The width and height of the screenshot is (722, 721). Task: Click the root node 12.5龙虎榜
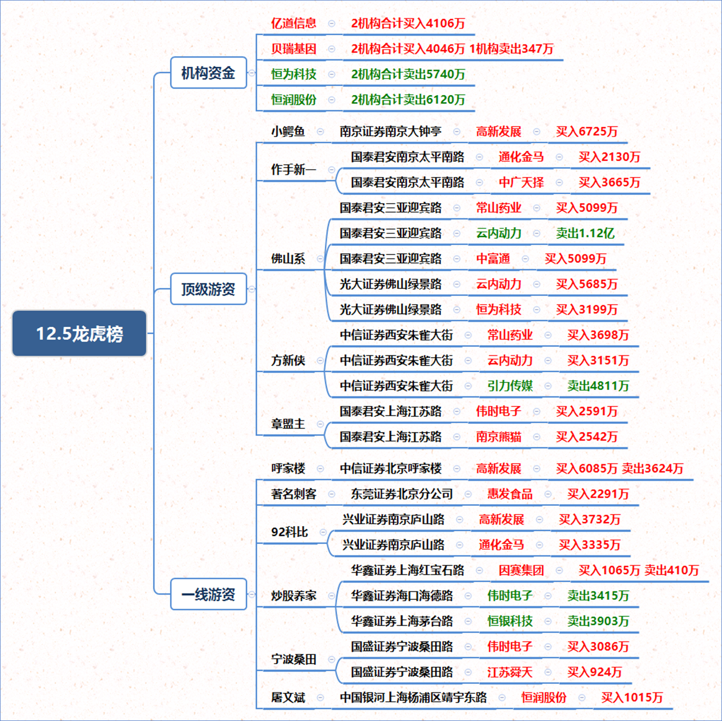click(x=79, y=333)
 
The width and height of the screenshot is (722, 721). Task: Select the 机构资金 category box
click(x=208, y=72)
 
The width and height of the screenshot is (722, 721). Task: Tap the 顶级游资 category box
click(x=208, y=289)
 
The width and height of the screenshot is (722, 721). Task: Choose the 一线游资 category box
click(x=208, y=594)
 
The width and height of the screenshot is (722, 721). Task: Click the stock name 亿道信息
click(x=294, y=23)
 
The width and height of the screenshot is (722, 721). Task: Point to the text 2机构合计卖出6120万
click(x=408, y=100)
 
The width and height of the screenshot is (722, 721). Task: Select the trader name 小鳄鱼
click(x=288, y=132)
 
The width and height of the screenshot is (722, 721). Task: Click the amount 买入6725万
click(x=587, y=132)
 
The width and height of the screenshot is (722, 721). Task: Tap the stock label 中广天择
click(x=521, y=183)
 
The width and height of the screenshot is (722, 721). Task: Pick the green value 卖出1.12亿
click(x=585, y=233)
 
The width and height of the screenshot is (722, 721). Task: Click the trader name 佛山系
click(x=288, y=259)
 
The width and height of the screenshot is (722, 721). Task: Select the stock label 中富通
click(x=493, y=259)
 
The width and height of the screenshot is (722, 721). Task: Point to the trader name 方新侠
click(x=288, y=360)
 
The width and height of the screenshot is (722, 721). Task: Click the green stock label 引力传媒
click(x=510, y=386)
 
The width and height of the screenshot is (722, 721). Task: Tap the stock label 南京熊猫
click(x=499, y=437)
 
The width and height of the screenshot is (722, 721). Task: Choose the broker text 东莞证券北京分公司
click(x=402, y=494)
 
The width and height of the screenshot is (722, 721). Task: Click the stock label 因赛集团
click(x=521, y=570)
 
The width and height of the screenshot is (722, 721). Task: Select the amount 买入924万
click(x=594, y=672)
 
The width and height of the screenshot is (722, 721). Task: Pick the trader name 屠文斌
click(x=288, y=698)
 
